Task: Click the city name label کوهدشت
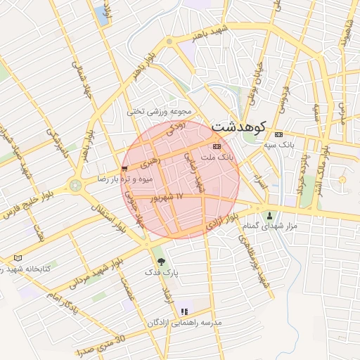pyautogui.click(x=239, y=127)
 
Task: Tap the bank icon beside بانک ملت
pyautogui.click(x=216, y=146)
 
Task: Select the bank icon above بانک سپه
pyautogui.click(x=278, y=134)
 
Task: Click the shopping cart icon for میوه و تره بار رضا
pyautogui.click(x=124, y=169)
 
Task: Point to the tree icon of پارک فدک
pyautogui.click(x=162, y=261)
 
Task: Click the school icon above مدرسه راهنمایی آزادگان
pyautogui.click(x=184, y=311)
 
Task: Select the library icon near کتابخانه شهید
pyautogui.click(x=18, y=258)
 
